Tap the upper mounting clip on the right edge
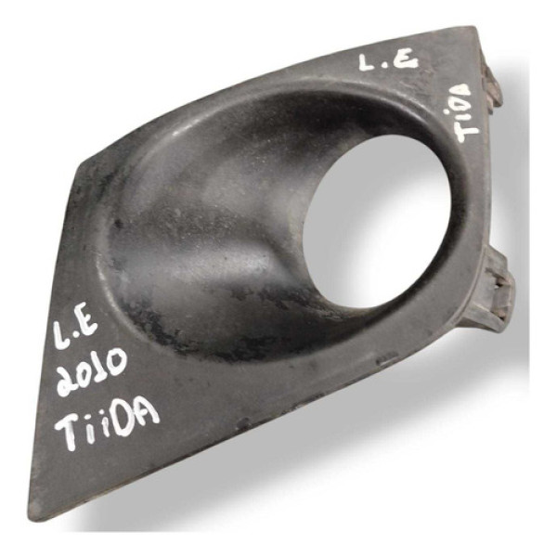click(492, 85)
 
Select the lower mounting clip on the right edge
click(500, 290)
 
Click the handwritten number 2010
click(92, 370)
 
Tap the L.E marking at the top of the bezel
click(388, 63)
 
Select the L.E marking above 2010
click(74, 330)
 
